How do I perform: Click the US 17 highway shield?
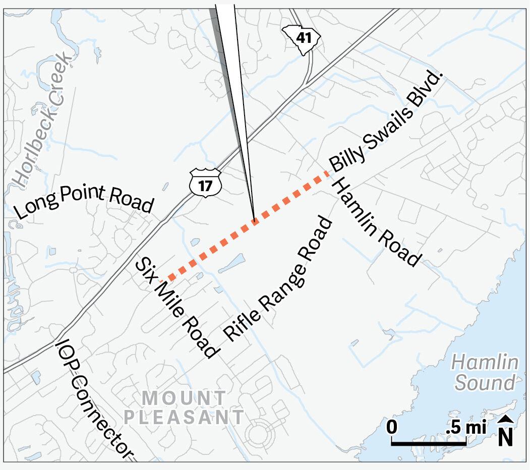(206, 183)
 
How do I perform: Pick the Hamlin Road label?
(376, 222)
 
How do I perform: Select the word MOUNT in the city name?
(185, 398)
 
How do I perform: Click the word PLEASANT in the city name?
(185, 418)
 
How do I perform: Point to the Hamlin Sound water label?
(485, 373)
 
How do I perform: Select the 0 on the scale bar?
(392, 428)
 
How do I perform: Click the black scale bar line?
(429, 443)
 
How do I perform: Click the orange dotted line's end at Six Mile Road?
(169, 277)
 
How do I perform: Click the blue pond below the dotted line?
(230, 263)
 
